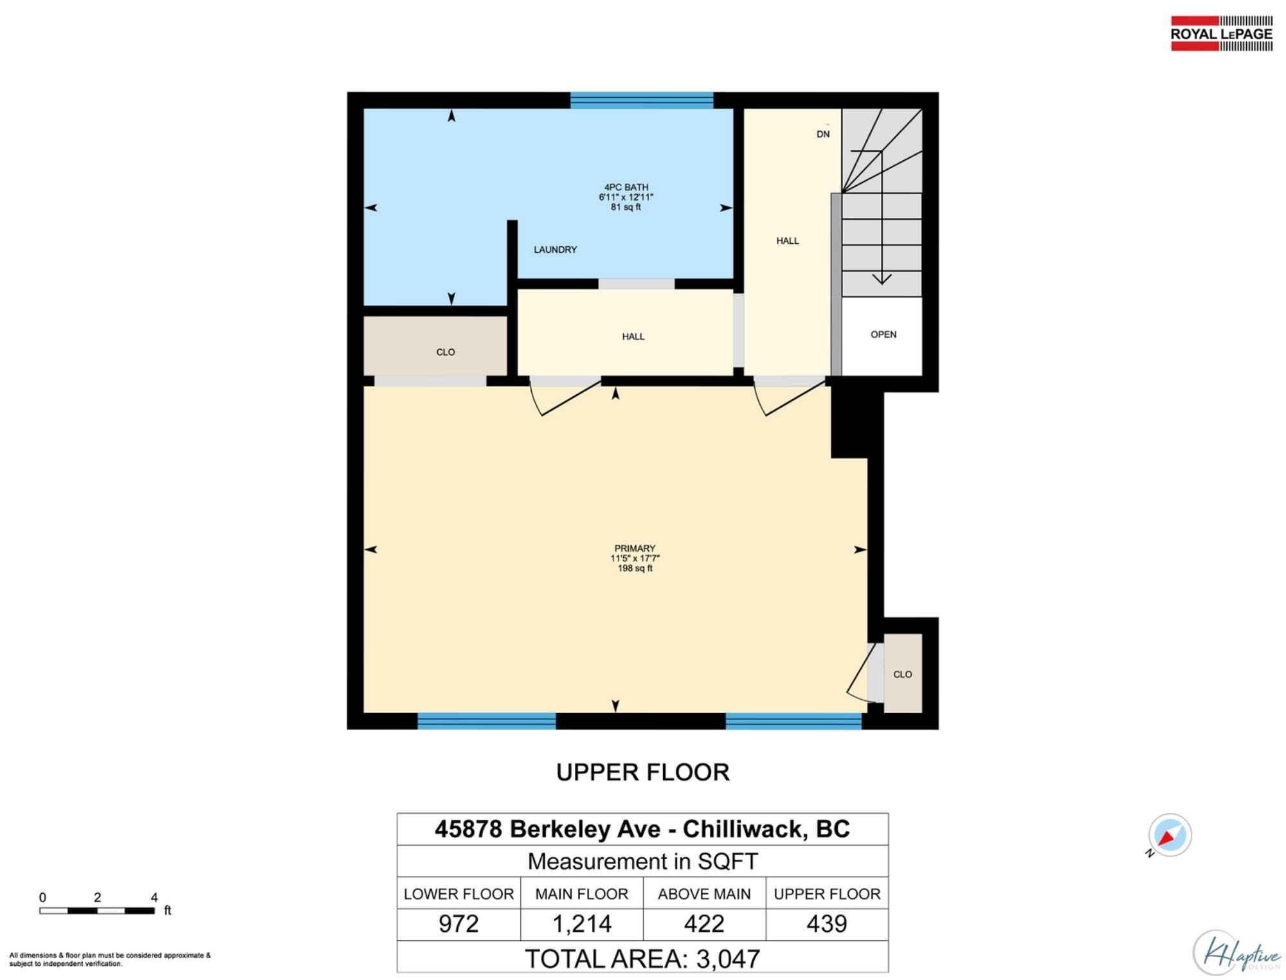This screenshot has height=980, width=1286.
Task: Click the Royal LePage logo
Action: coord(1221,33)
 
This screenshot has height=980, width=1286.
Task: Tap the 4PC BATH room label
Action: coord(626,187)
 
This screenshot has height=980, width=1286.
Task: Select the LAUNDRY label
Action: coord(555,250)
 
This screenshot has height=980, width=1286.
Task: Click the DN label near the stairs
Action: coord(823,134)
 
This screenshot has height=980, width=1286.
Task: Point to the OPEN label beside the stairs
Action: coord(883,334)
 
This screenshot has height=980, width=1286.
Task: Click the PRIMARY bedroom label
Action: coord(635,549)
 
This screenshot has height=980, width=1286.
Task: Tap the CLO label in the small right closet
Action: coord(903,674)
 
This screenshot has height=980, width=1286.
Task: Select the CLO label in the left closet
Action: coord(446,352)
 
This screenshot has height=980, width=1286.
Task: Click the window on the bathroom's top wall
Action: coord(642,100)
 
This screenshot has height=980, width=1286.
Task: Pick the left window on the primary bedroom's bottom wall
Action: coord(487,721)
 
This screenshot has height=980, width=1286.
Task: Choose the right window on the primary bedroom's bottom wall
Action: coord(793,721)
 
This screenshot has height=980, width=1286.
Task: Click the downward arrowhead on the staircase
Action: coord(882,279)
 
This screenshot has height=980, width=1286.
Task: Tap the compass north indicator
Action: coord(1170,835)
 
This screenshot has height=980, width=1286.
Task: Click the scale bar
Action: coord(97,911)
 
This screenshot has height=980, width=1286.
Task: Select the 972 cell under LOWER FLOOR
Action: coord(458,924)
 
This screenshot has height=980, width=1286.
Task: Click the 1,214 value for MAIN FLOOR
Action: coord(582,924)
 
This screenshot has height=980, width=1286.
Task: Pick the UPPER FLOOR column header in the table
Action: coord(827,894)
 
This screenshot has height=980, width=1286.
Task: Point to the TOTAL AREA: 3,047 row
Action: coord(642,958)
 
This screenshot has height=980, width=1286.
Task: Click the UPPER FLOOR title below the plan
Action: coord(643,772)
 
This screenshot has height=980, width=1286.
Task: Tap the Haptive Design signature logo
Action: coord(1236,954)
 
